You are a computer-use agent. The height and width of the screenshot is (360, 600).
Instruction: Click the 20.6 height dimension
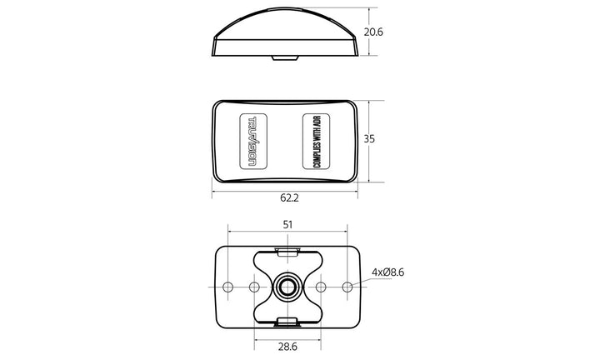click(x=373, y=32)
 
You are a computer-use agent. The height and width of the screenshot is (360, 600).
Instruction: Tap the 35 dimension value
click(x=369, y=139)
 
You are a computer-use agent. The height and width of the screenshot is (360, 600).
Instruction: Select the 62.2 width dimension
click(x=289, y=197)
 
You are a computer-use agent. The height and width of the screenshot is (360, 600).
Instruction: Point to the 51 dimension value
click(x=287, y=224)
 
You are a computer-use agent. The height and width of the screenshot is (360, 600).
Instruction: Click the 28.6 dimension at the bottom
click(x=287, y=347)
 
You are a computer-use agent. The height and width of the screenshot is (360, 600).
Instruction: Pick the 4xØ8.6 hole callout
click(x=388, y=272)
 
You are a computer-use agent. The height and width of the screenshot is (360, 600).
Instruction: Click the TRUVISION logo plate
click(x=253, y=141)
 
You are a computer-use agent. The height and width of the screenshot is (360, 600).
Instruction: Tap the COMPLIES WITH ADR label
click(x=316, y=141)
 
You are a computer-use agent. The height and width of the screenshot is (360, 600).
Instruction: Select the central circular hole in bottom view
click(x=287, y=287)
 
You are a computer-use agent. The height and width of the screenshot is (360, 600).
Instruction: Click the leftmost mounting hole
click(x=228, y=287)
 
